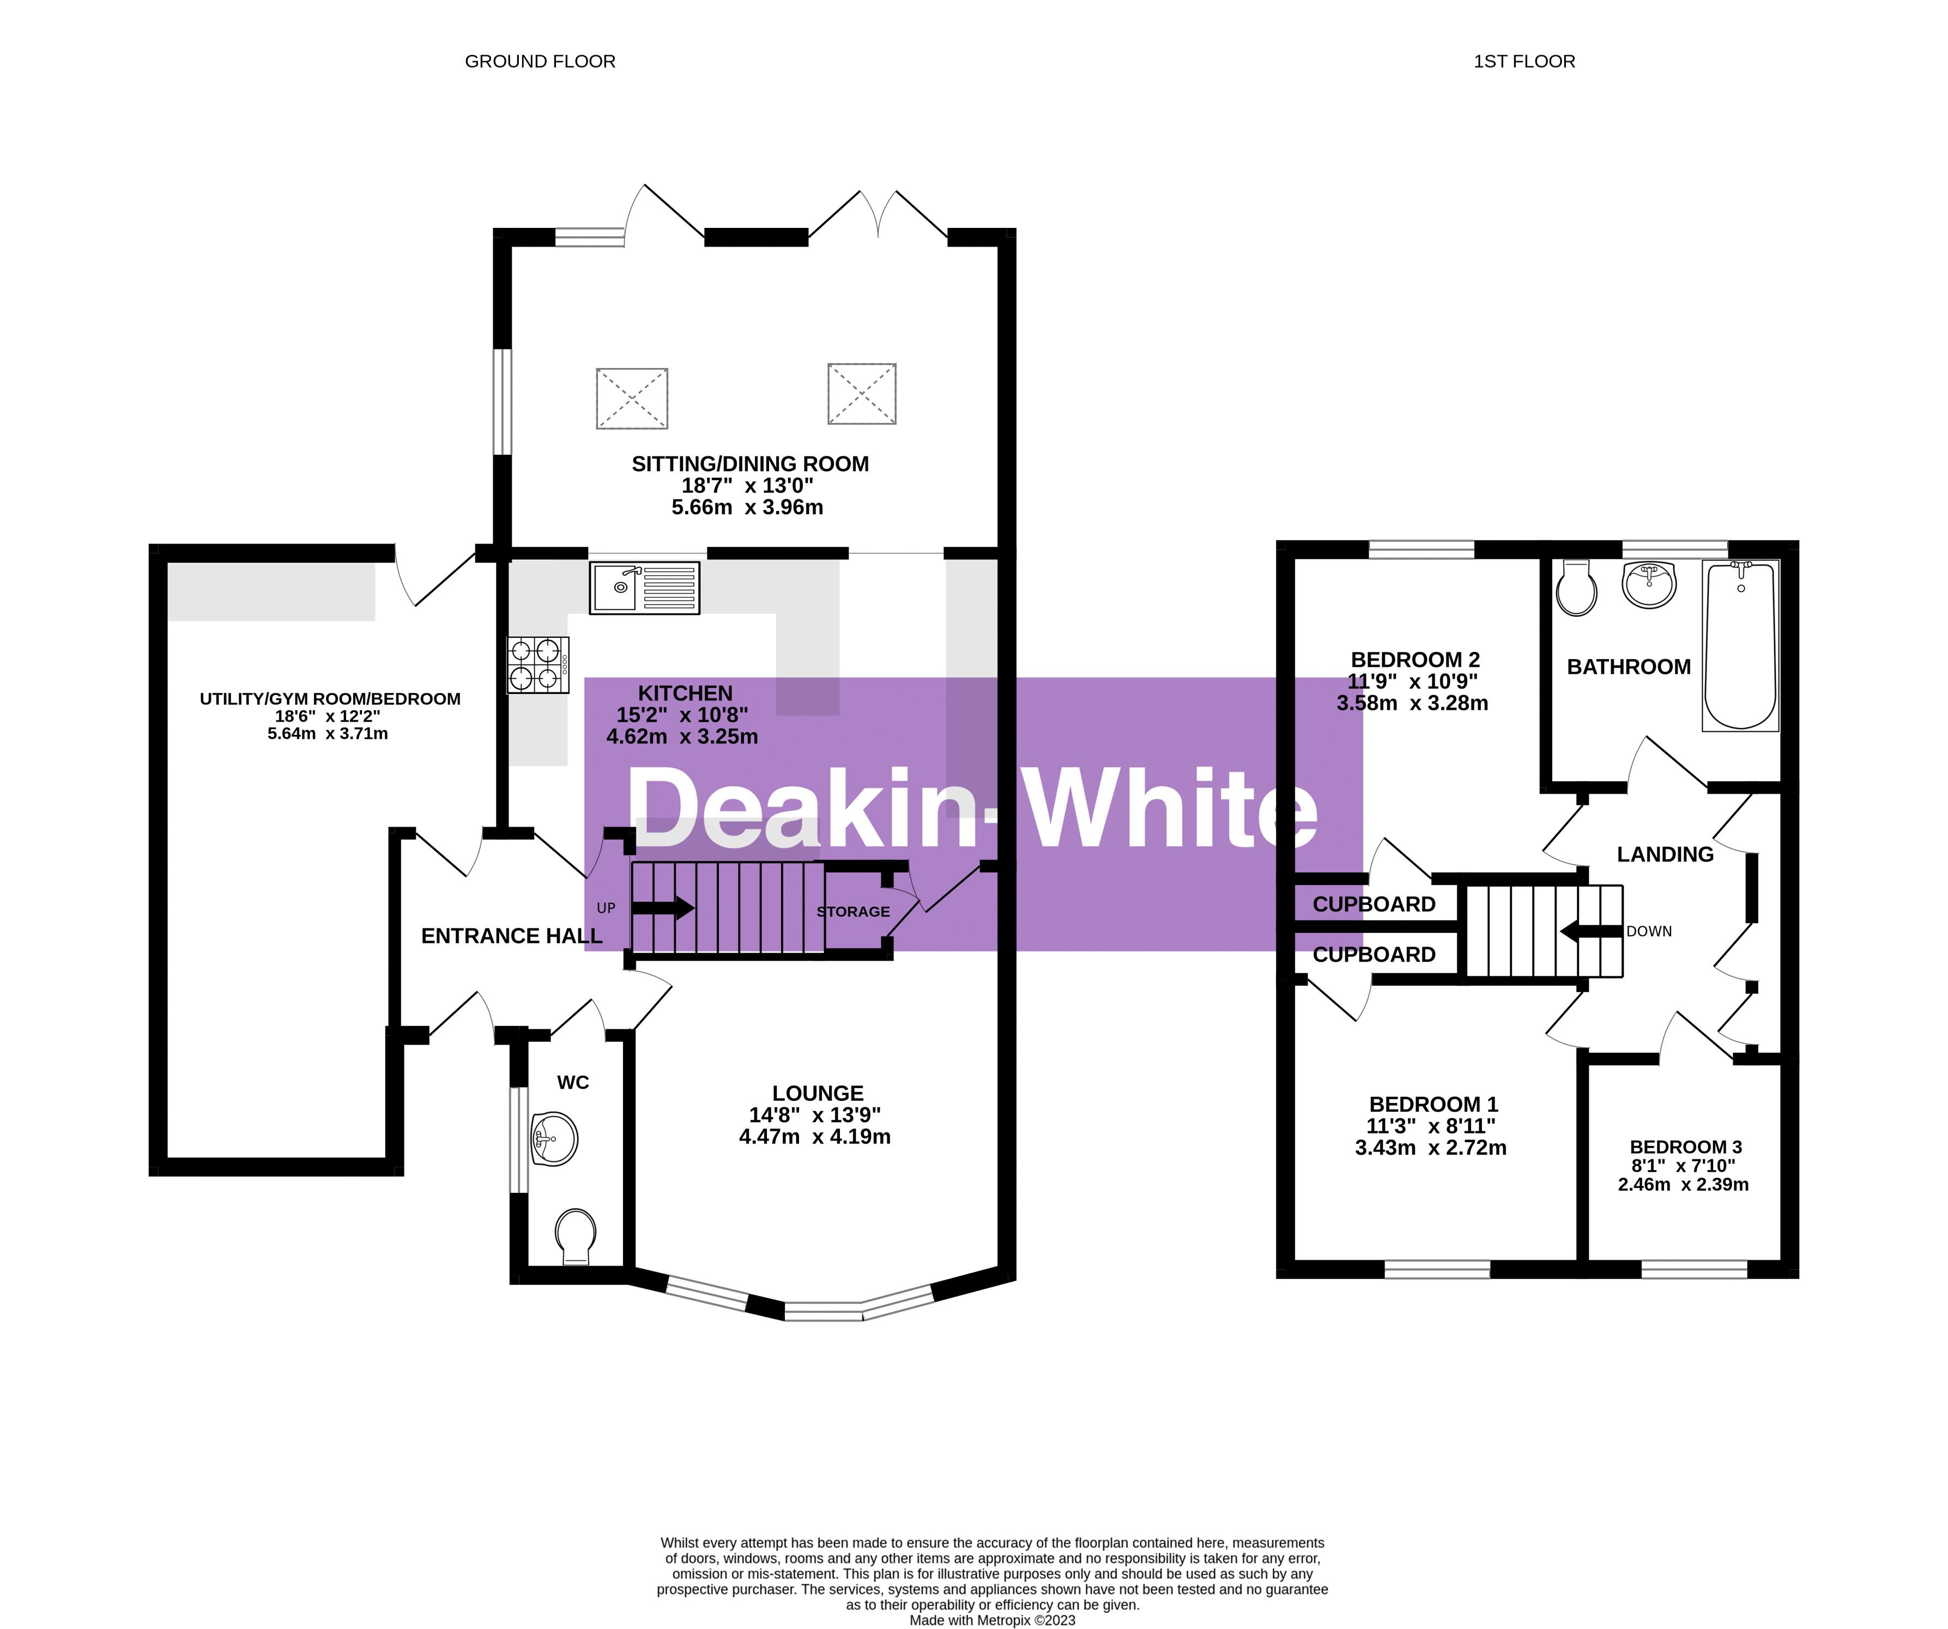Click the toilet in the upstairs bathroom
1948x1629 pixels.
[1576, 588]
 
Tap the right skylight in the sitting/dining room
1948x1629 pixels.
[862, 393]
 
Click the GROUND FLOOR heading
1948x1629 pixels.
[540, 61]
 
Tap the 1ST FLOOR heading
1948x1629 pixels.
[1524, 61]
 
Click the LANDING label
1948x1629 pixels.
[1665, 854]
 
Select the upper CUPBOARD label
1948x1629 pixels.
[1374, 903]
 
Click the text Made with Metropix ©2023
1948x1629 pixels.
[991, 1621]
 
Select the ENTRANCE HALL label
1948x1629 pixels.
[511, 936]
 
